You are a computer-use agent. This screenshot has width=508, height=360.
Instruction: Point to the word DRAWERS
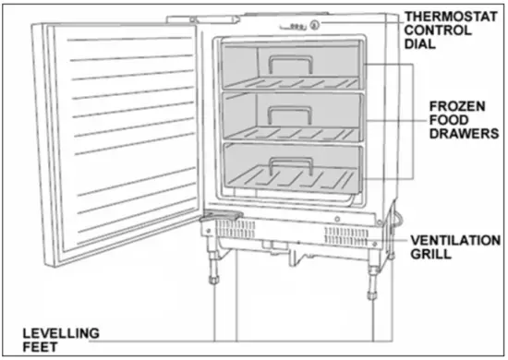point(463,133)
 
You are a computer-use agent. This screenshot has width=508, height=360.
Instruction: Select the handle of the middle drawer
point(289,113)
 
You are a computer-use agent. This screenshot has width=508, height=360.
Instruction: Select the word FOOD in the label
point(449,119)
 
